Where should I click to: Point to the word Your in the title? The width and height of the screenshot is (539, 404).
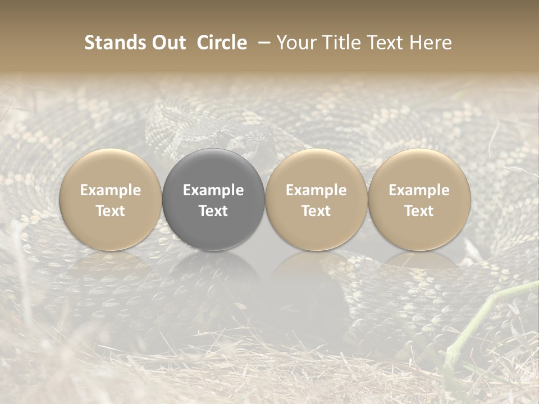[x=295, y=43]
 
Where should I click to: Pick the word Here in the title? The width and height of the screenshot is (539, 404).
[x=431, y=43]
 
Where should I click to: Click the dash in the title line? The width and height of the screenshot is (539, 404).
[x=261, y=43]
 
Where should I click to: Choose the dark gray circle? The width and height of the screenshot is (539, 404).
[x=213, y=199]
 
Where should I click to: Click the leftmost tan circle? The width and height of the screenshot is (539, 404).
[x=111, y=199]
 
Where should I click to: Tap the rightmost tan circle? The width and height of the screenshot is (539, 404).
[x=419, y=199]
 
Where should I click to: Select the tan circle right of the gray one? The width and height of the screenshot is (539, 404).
[x=316, y=199]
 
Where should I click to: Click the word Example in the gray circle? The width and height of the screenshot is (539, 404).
[x=213, y=190]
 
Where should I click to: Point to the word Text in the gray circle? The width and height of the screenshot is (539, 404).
[x=213, y=211]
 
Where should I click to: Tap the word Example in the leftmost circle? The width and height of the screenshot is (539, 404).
[x=111, y=190]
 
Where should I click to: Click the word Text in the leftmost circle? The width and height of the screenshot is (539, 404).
[x=111, y=211]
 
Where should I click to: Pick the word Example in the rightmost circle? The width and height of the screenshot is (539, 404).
[x=419, y=190]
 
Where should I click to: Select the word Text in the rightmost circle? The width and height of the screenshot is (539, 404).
[x=419, y=211]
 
